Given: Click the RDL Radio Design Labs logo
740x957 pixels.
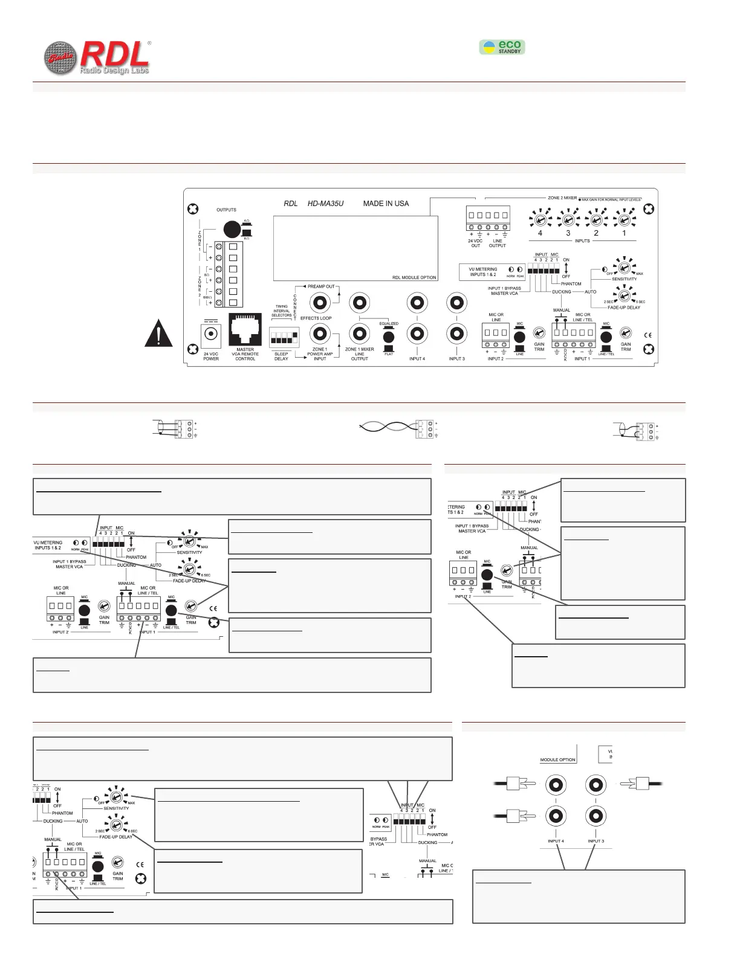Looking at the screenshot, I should (97, 59).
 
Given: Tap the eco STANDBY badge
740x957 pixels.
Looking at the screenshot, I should (502, 47).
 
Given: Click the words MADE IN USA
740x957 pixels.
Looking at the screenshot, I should (386, 204).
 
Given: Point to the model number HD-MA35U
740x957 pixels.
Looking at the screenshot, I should (325, 204).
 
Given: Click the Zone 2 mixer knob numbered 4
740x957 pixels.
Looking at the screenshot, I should (540, 218).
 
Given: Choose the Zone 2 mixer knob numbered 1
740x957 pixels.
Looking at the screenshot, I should (624, 218).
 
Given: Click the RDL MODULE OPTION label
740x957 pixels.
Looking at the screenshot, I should (414, 278).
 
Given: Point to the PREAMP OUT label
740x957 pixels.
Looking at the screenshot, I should (321, 287).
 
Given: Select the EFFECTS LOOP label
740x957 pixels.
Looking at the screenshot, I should (316, 318).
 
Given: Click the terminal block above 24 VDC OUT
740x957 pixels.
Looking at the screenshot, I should (487, 216).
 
